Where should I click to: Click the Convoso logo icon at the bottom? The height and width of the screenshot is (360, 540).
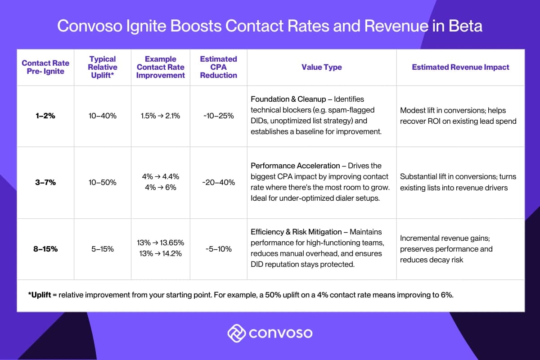236,333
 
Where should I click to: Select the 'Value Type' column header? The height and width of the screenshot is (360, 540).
321,67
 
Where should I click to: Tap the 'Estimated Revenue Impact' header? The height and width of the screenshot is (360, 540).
460,67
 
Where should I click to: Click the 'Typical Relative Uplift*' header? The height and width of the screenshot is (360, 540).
103,67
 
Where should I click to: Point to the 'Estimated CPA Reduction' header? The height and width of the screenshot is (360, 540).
218,67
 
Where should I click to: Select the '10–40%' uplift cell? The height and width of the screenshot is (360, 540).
103,116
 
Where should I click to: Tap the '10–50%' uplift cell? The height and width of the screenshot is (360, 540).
103,182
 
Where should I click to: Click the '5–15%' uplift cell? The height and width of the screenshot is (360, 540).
103,249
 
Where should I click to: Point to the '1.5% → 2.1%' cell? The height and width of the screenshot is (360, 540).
161,116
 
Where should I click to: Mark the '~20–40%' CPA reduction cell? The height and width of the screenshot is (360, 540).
218,182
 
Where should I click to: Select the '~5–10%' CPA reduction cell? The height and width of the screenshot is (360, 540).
218,249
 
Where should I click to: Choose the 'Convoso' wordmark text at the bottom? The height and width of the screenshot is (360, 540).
280,333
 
